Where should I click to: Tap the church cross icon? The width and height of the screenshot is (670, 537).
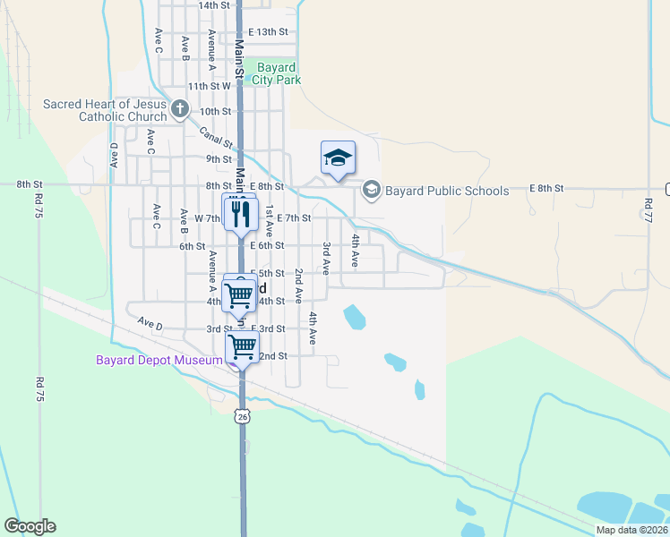tap(179, 110)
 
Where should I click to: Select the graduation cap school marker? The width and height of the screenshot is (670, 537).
tap(338, 158)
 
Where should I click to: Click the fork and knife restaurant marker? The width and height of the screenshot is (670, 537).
tap(239, 212)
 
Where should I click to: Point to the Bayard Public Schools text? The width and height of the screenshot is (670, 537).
tap(447, 191)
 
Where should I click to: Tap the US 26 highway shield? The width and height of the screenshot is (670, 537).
tap(242, 416)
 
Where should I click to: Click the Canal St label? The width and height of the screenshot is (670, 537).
tap(216, 137)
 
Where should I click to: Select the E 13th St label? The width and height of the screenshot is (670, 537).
tap(268, 32)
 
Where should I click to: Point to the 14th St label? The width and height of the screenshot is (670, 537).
tap(214, 5)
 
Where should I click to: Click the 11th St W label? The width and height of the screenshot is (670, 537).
tap(209, 88)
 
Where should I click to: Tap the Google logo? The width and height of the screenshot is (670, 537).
tap(30, 526)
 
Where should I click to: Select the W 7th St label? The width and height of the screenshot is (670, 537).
tap(201, 217)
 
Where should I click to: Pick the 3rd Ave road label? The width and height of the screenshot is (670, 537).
tap(327, 258)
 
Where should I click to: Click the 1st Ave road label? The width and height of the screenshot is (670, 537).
tap(269, 220)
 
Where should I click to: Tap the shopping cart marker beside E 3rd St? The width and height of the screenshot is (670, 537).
tap(242, 346)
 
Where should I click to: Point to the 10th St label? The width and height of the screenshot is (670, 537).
tap(216, 112)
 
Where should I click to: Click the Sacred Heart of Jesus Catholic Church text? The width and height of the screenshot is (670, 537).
tap(106, 110)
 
